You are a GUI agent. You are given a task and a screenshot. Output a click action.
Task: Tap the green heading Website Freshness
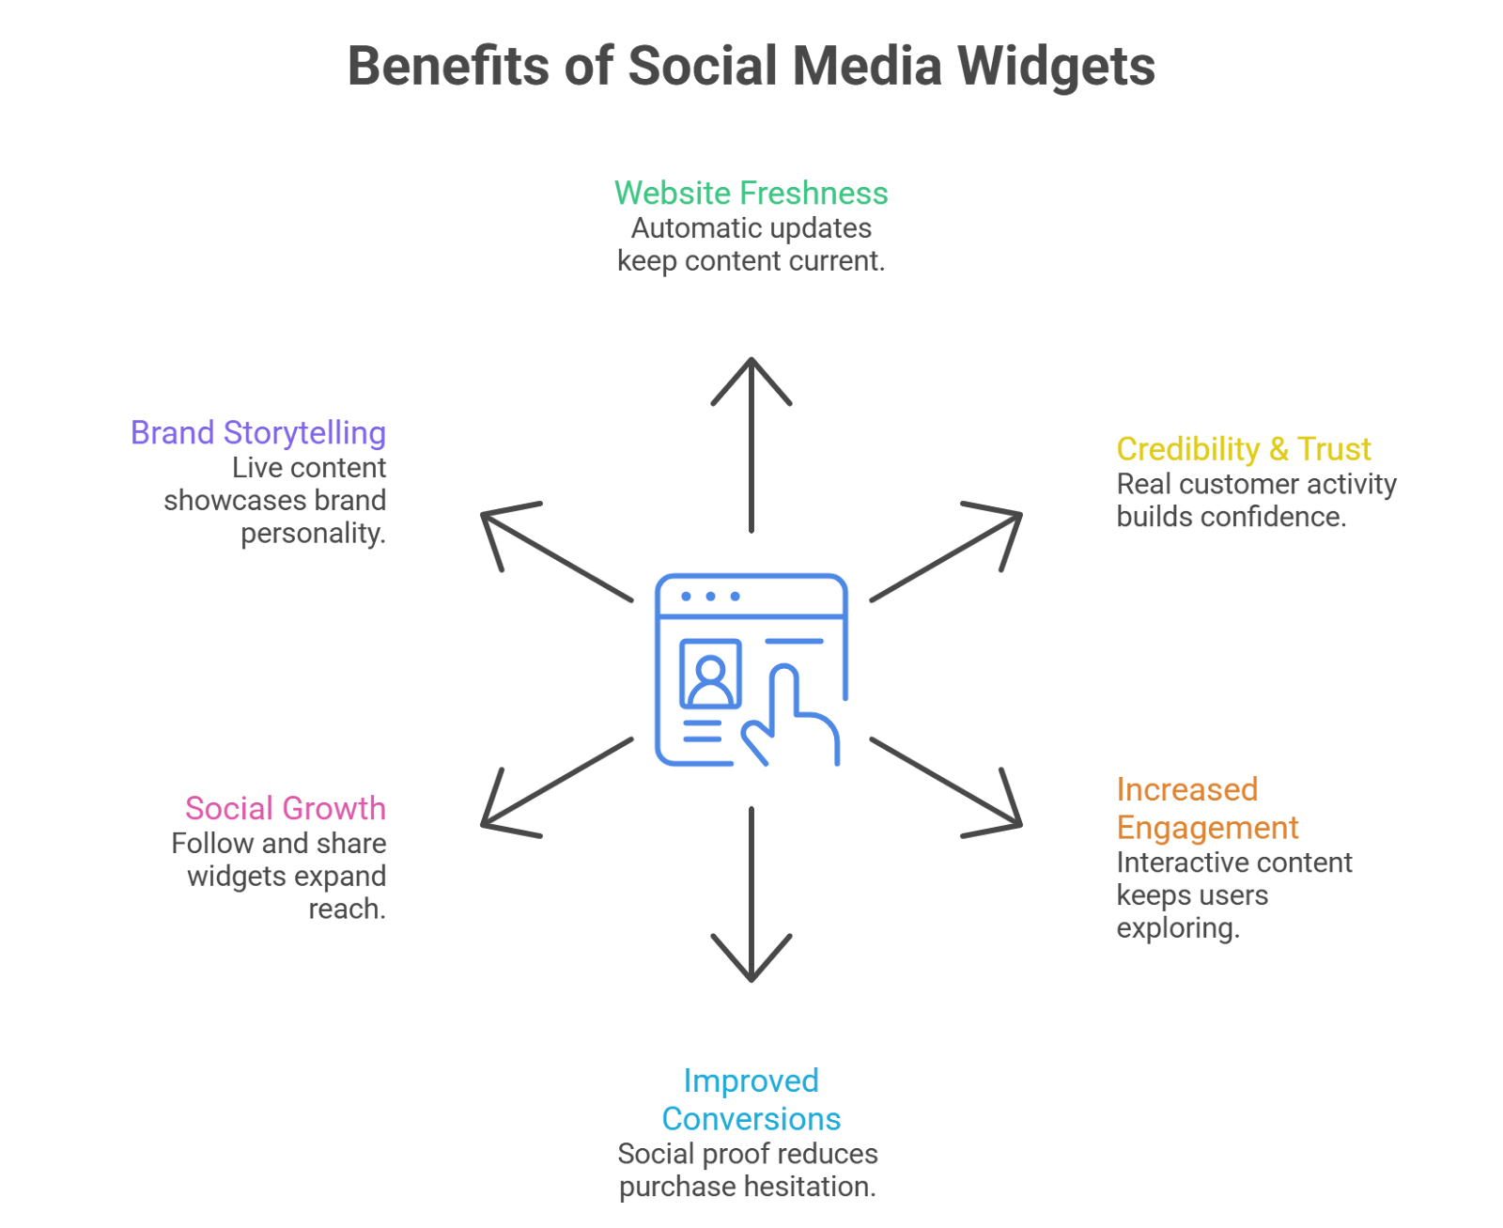[751, 194]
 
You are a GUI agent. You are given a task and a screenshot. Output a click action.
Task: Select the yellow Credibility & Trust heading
[1243, 449]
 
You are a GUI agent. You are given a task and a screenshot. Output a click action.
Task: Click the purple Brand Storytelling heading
[258, 433]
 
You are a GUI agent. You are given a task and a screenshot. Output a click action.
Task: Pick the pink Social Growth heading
[286, 809]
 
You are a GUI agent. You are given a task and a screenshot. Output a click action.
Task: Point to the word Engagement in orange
[1207, 828]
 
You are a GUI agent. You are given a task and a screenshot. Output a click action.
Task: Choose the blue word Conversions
[751, 1119]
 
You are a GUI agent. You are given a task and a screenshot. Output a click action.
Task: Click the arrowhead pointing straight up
[751, 371]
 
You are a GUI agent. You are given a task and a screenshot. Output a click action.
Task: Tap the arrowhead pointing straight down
[751, 968]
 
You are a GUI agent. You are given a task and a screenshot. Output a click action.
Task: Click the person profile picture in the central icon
[710, 675]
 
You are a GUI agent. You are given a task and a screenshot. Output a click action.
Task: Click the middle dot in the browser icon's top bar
[710, 597]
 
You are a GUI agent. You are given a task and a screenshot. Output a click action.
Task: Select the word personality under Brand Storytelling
[313, 534]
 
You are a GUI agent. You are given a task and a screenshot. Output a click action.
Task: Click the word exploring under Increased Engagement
[1177, 928]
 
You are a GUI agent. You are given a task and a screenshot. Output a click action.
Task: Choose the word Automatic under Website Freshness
[687, 228]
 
